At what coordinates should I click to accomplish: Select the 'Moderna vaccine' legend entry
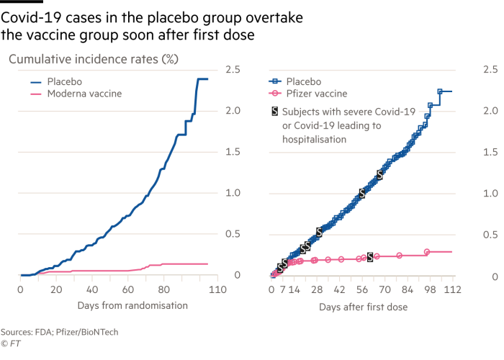click(x=84, y=94)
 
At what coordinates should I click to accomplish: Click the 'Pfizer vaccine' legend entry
click(x=317, y=94)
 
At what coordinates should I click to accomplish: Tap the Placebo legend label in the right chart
click(x=304, y=81)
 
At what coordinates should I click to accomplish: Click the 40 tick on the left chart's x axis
click(x=92, y=289)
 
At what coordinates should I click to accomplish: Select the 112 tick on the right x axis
click(x=452, y=289)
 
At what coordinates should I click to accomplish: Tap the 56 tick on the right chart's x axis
click(x=362, y=289)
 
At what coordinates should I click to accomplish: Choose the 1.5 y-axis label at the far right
click(x=490, y=152)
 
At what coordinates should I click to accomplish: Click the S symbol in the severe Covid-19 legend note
click(x=274, y=112)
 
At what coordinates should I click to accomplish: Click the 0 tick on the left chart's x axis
click(x=20, y=289)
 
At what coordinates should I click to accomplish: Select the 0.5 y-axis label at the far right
click(x=490, y=234)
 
